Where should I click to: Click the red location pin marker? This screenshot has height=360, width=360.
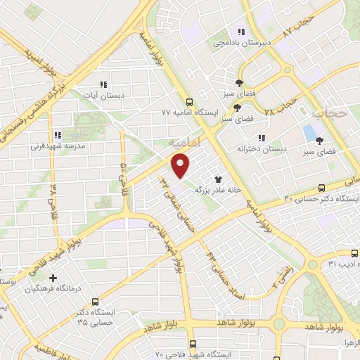pyautogui.click(x=181, y=167)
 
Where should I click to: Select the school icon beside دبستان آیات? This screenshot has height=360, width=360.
pyautogui.click(x=105, y=83)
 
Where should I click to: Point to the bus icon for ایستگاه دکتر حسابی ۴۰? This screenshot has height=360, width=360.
pyautogui.click(x=321, y=188)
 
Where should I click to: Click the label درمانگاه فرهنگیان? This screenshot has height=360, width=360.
pyautogui.click(x=53, y=289)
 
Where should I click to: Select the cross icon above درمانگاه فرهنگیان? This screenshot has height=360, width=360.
pyautogui.click(x=53, y=278)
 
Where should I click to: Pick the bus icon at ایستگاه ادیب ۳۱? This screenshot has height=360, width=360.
pyautogui.click(x=354, y=253)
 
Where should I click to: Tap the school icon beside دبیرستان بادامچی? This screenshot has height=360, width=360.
pyautogui.click(x=241, y=32)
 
